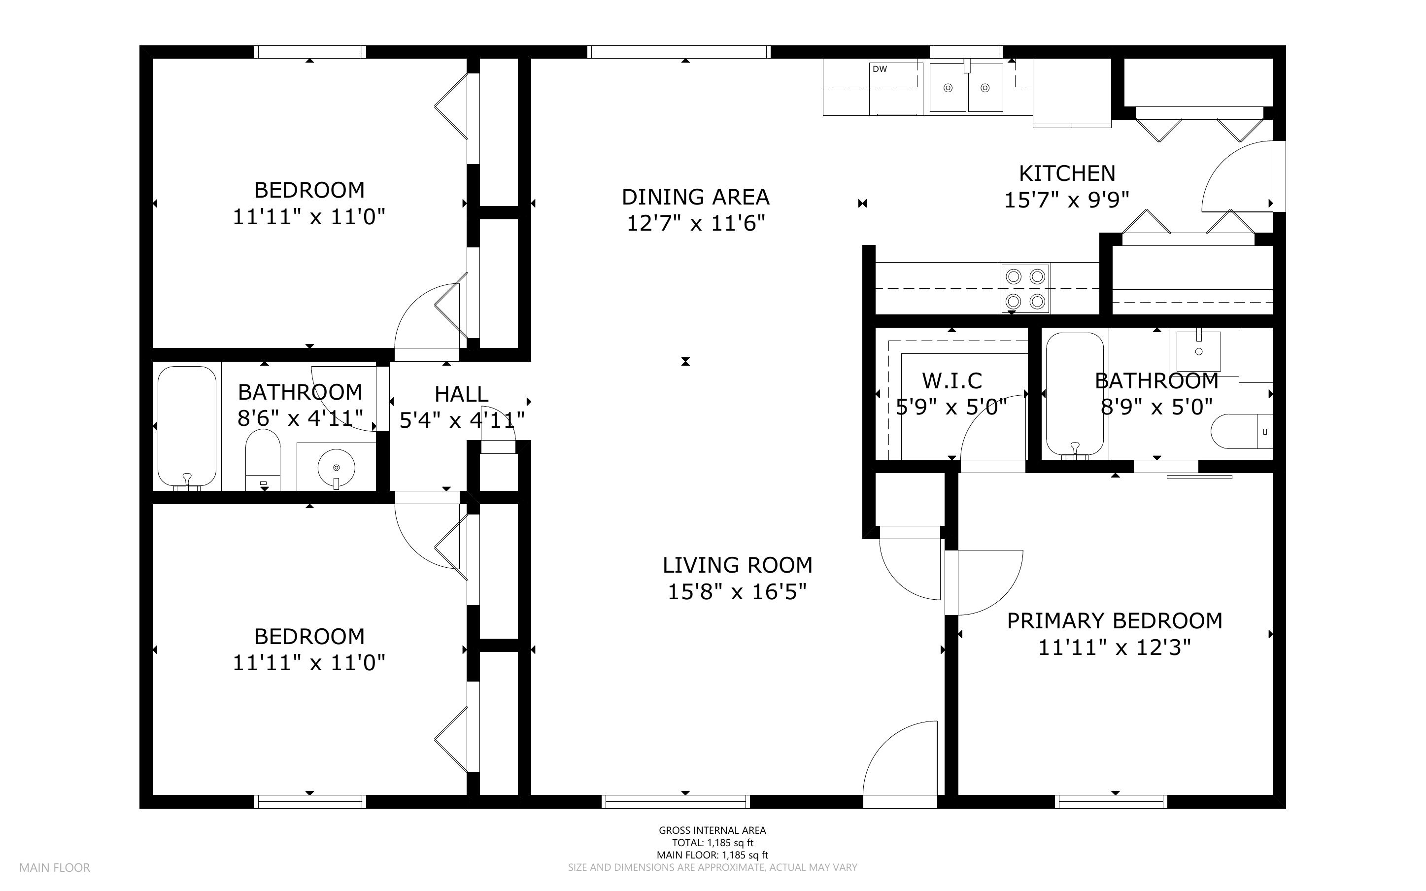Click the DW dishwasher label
click(x=880, y=69)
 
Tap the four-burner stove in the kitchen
click(x=1025, y=289)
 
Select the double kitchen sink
click(x=966, y=88)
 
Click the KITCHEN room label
click(x=1067, y=173)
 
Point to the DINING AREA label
click(x=696, y=196)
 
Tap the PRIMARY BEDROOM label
click(x=1115, y=620)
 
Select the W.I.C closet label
click(x=952, y=380)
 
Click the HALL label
click(x=461, y=394)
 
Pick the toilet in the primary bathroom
click(x=1242, y=431)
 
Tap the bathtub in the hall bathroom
click(x=187, y=427)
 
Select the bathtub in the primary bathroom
click(x=1075, y=394)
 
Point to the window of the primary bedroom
click(x=1111, y=801)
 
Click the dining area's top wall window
click(x=679, y=52)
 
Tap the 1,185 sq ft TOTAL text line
click(x=712, y=843)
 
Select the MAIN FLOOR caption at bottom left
click(x=55, y=867)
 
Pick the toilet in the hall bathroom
click(x=263, y=460)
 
